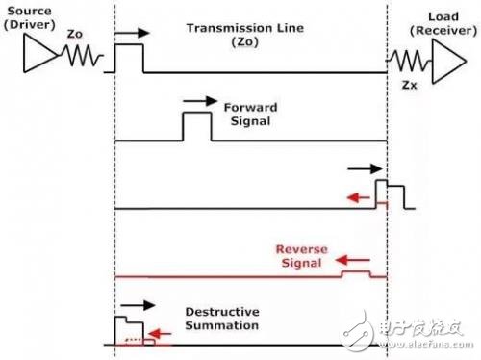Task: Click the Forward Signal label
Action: tap(249, 115)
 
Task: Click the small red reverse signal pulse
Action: tap(357, 273)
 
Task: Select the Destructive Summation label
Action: tap(221, 319)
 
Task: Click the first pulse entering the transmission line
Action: tap(128, 59)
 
